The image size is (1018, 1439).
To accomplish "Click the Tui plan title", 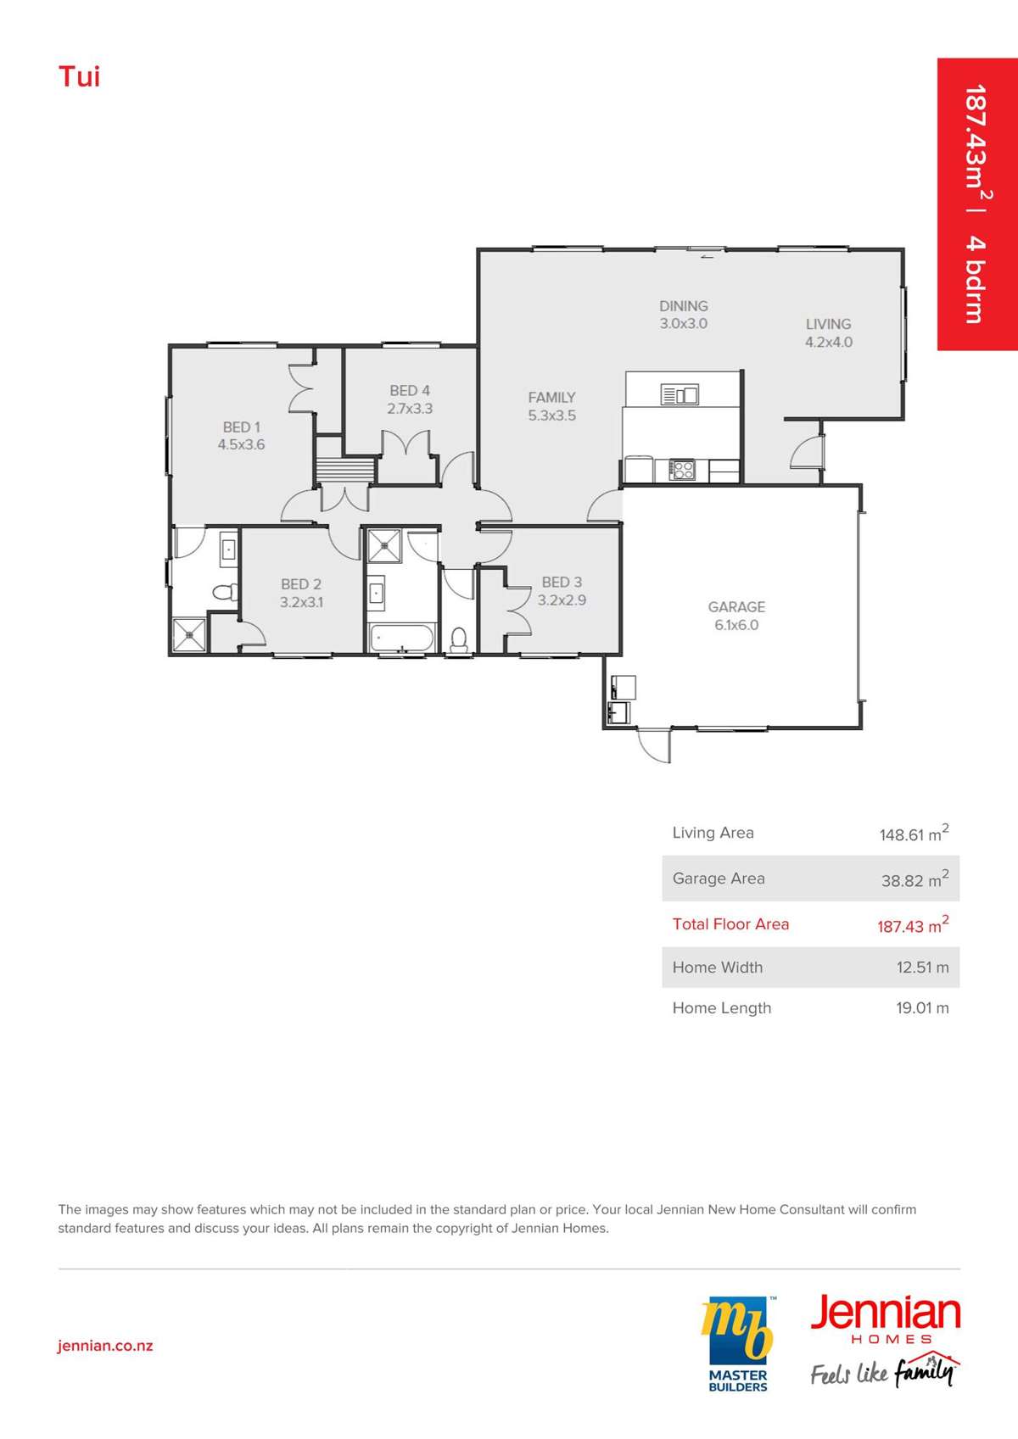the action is [x=79, y=76].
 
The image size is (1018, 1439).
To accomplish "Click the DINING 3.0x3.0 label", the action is [x=684, y=315].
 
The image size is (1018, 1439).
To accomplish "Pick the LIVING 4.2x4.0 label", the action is [x=829, y=332].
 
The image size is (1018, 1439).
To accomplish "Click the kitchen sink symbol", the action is [x=680, y=393].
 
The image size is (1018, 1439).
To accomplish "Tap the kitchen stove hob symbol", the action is [x=682, y=470].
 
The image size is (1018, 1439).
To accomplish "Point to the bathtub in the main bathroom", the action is [x=401, y=638].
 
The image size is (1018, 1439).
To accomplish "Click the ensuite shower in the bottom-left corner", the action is [x=189, y=634].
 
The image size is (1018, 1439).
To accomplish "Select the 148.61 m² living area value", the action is [x=914, y=834].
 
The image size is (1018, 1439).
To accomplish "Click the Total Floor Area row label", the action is [x=730, y=923].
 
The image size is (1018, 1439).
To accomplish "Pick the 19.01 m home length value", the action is [x=922, y=1008].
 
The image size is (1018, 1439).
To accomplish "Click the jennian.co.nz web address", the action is [x=105, y=1346].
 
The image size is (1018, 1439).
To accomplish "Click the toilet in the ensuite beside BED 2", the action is [x=225, y=591].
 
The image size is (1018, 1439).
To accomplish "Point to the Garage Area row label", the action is [x=719, y=878].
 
